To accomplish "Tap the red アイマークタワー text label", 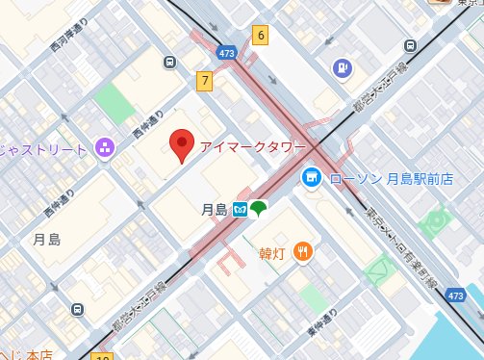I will click(253, 147).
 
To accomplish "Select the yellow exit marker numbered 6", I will click(260, 36).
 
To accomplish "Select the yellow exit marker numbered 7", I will click(204, 82).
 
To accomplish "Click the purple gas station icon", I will click(342, 67).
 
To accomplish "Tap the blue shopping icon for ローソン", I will click(311, 178).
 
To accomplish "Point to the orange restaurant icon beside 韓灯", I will click(304, 252).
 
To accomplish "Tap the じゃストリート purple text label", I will click(44, 149).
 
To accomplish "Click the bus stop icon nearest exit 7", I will click(170, 63).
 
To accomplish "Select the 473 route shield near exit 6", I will click(226, 53).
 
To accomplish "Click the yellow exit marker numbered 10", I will click(102, 356).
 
